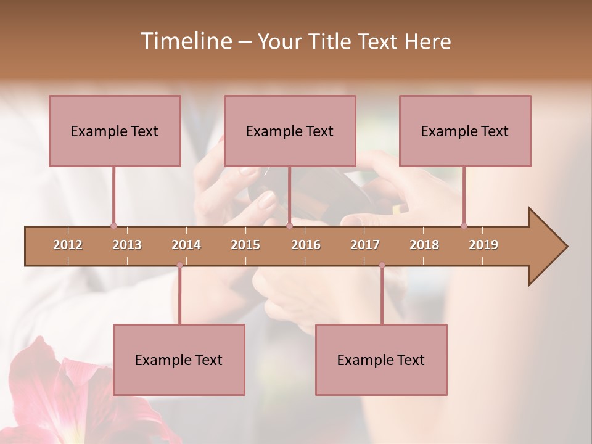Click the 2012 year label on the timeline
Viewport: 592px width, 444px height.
(x=68, y=245)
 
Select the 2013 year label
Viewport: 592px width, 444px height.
(x=127, y=245)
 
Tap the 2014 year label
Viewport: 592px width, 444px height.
(x=186, y=245)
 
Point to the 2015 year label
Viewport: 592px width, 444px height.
(x=245, y=245)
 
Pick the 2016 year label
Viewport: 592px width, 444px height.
(x=306, y=245)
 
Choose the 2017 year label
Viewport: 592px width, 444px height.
(x=365, y=245)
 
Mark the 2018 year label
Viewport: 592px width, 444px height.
(x=424, y=245)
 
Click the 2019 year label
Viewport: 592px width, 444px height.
(x=483, y=245)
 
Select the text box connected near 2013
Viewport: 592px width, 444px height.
(x=115, y=131)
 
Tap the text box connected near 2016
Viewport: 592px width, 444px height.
(x=290, y=131)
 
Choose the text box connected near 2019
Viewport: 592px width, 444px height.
(x=465, y=131)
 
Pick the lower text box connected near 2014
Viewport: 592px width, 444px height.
(x=179, y=360)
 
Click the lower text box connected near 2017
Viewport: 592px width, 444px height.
(x=381, y=360)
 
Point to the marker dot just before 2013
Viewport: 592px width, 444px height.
(x=113, y=226)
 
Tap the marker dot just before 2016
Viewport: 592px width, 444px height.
(x=289, y=226)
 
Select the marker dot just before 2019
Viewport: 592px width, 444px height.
(x=464, y=226)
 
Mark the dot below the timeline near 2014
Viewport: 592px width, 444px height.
(x=179, y=265)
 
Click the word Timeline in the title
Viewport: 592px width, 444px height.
(x=185, y=41)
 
